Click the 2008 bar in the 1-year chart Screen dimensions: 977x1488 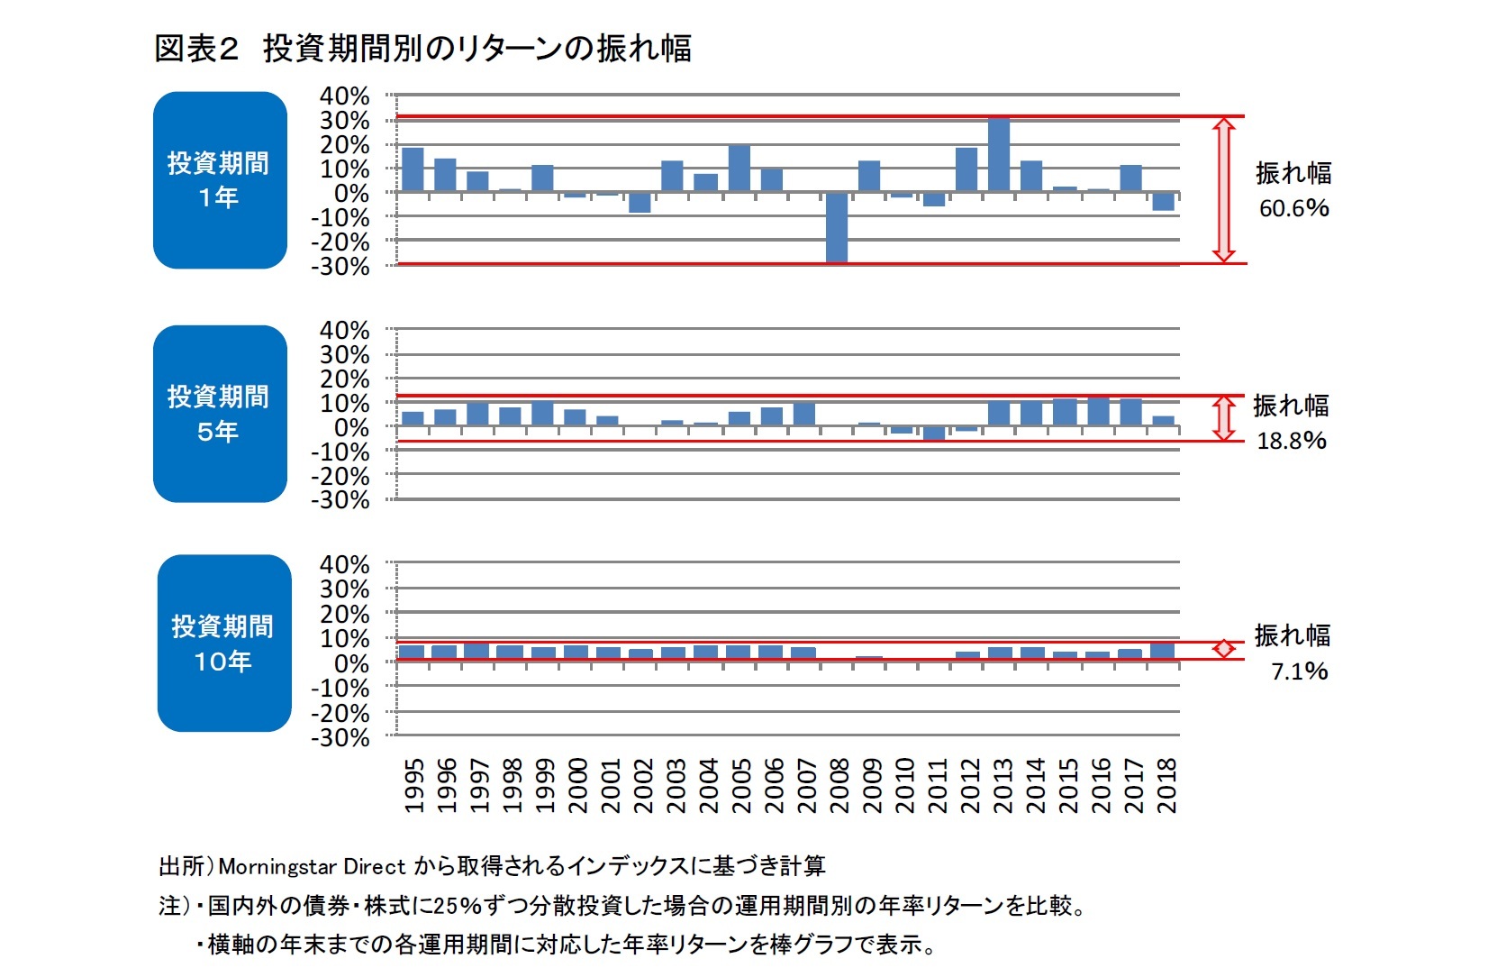coord(837,227)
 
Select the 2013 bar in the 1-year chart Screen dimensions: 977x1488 coord(999,154)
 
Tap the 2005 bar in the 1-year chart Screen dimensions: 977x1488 coord(739,169)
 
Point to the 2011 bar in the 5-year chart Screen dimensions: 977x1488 coord(934,433)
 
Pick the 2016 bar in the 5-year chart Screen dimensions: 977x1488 coord(1098,411)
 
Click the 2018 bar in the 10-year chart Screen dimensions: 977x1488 coord(1163,651)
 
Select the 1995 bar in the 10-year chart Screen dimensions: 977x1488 coord(412,652)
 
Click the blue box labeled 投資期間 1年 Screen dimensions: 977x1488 coord(220,180)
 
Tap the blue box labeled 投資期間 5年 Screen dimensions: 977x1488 coord(220,414)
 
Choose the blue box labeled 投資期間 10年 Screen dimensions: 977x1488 coord(224,644)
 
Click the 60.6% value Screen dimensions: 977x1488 coord(1293,208)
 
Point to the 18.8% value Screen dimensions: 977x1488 coord(1292,441)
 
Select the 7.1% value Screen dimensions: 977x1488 coord(1299,671)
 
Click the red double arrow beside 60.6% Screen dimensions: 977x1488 coord(1223,190)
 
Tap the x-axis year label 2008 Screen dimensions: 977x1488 coord(839,785)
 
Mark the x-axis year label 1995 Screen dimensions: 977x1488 coord(413,785)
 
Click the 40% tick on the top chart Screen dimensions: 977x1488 coord(344,96)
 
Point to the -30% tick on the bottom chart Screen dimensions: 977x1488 coord(340,737)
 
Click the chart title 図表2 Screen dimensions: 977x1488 coord(196,49)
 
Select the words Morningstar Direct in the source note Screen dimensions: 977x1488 coord(312,867)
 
